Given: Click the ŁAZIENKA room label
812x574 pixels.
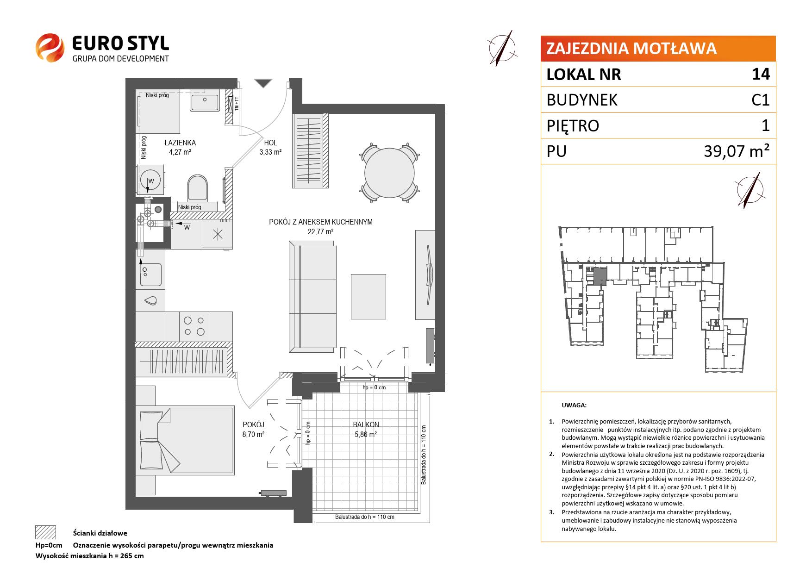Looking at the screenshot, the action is coord(180,143).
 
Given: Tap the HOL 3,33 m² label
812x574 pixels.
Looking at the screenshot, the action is coord(271,147).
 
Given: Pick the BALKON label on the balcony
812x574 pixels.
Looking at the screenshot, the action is coord(366,424).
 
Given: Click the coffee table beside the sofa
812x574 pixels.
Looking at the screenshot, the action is coord(368,296).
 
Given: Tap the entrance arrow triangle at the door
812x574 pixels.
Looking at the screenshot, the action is coord(263,83).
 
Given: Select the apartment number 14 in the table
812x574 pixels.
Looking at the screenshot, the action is coord(761,74).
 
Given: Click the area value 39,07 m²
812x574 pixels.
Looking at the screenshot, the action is coord(737,151).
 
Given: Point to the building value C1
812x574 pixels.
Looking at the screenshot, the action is coord(761,100).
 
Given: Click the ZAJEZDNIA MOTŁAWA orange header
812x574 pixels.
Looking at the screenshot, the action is coord(658,49).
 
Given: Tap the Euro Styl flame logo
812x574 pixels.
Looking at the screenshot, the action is coord(50,47).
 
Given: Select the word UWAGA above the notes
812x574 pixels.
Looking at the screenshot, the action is coord(574,406).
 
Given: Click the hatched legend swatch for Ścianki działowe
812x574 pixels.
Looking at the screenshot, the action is coord(45,532).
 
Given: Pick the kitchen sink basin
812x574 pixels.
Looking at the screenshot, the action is coord(151,275).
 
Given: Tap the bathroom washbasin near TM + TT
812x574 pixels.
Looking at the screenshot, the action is coord(206,102).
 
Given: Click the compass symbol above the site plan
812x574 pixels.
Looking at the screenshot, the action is coord(749,190).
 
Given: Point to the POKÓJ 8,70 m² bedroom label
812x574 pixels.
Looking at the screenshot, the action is coord(254,430).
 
